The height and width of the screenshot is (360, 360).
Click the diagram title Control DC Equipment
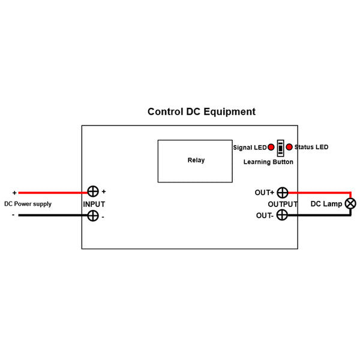tap(202, 112)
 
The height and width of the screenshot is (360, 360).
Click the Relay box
tap(196, 161)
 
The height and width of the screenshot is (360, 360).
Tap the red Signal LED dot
tap(271, 147)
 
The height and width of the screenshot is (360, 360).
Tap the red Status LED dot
tap(289, 147)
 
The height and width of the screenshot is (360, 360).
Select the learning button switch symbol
tap(280, 148)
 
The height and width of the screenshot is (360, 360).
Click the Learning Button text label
tap(268, 162)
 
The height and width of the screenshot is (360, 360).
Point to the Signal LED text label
tap(250, 148)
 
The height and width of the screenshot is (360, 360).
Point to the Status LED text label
tap(311, 147)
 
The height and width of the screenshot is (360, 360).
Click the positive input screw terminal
tap(93, 192)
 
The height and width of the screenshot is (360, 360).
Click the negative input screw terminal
tap(93, 215)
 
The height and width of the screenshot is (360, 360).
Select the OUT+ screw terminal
tap(282, 193)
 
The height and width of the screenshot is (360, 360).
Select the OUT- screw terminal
tap(282, 215)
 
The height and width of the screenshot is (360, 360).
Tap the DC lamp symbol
tap(350, 204)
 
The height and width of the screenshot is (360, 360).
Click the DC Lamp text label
tap(326, 204)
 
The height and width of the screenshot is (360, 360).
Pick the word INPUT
tap(94, 204)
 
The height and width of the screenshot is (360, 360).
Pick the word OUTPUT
tap(283, 204)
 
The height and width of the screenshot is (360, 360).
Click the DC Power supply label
tap(28, 204)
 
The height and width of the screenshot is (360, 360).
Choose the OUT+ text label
tap(265, 193)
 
